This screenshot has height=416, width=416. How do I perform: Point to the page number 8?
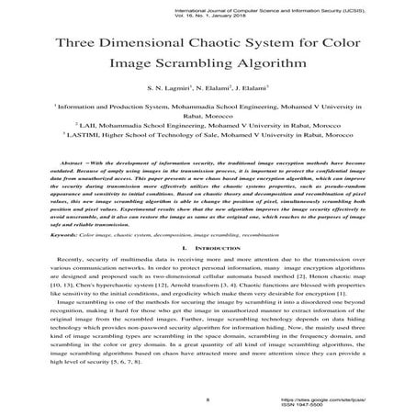tap(208, 399)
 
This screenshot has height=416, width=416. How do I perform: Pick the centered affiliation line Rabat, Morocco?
tap(208, 118)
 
